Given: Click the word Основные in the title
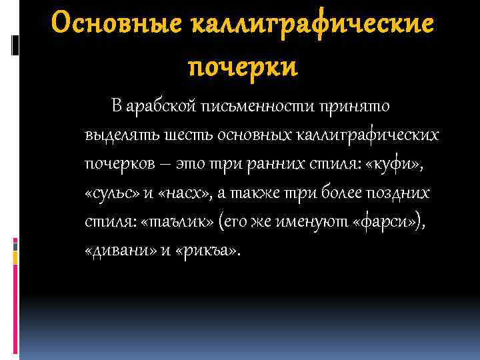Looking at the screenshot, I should [x=117, y=25].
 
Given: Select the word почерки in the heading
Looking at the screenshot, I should [x=243, y=67].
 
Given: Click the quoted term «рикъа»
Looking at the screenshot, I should [x=208, y=251].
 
